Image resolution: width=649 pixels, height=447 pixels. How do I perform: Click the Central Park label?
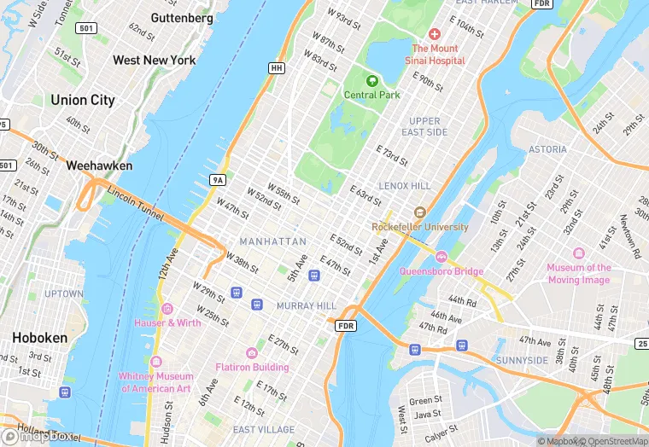click(371, 95)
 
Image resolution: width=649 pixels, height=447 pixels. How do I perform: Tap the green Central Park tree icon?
click(371, 80)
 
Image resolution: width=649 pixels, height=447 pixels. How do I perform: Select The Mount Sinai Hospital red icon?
click(434, 34)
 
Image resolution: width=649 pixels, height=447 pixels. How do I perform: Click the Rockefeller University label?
click(420, 227)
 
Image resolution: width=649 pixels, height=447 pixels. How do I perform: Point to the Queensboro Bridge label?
click(441, 271)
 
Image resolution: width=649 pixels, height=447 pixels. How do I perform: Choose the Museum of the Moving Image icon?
click(579, 254)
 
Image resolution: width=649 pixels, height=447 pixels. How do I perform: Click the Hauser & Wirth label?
click(167, 322)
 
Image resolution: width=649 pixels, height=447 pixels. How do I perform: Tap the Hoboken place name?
click(39, 338)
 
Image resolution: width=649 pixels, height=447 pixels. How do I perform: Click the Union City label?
click(82, 100)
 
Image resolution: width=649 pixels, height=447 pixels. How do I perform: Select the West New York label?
click(154, 61)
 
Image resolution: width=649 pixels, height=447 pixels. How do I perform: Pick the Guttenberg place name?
click(182, 18)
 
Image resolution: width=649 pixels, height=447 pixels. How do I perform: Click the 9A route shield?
click(218, 179)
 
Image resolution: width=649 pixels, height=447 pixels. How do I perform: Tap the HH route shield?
click(276, 67)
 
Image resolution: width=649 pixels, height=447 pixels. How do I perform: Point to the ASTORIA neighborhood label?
click(547, 149)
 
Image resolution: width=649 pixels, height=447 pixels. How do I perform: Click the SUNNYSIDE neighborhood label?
click(522, 361)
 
